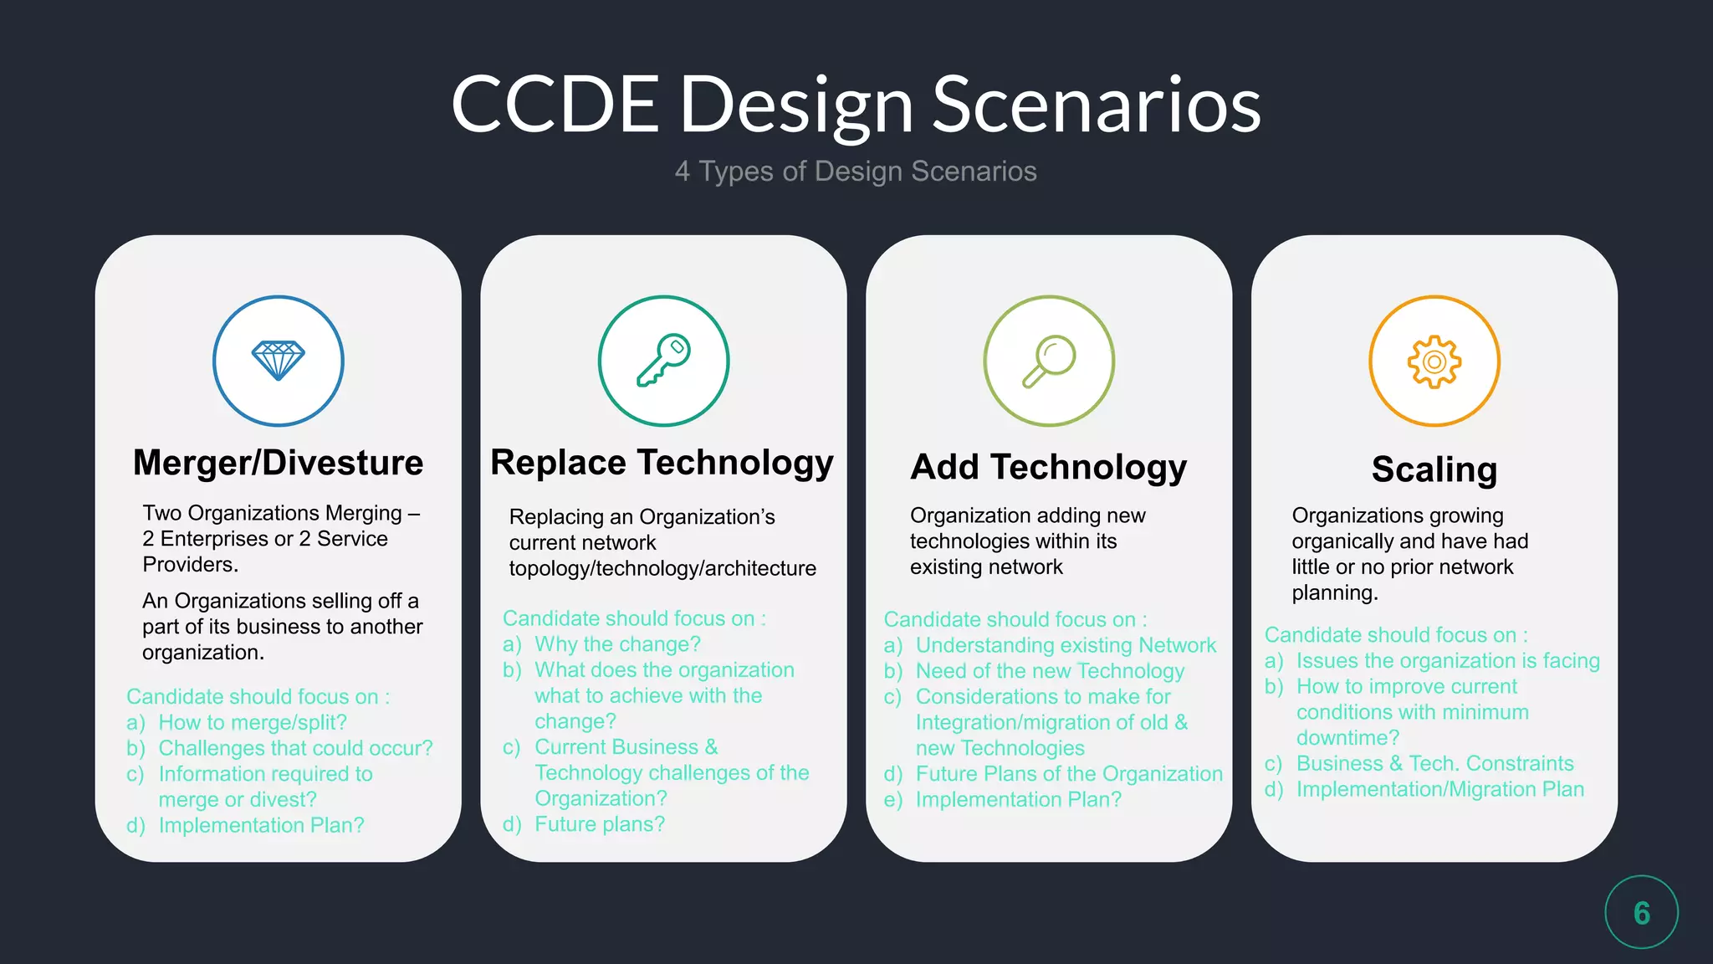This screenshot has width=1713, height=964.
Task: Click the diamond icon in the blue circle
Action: coord(278,361)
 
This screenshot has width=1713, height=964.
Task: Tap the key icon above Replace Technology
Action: coord(663,361)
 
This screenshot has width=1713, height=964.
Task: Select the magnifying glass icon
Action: coord(1048,361)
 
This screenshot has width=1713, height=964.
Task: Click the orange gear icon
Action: coord(1434,361)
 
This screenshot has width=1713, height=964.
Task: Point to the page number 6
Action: coord(1641,912)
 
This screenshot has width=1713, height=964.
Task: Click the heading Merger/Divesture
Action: coord(278,463)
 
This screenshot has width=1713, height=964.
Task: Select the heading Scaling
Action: coord(1434,469)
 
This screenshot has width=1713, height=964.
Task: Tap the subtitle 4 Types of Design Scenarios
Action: coord(856,172)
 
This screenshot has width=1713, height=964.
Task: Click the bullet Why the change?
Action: coord(617,644)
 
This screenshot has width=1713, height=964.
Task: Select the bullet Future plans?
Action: coord(600,824)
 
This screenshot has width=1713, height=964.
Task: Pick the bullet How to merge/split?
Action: coord(252,722)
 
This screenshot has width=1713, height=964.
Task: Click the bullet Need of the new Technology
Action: coord(1050,671)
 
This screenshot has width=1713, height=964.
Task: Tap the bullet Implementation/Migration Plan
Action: coord(1439,789)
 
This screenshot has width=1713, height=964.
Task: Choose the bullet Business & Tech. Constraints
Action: coord(1434,763)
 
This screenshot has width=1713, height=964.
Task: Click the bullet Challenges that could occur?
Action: coord(295,748)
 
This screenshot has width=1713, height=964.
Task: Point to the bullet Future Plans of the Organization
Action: coord(1069,774)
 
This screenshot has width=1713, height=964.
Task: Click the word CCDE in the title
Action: coord(555,105)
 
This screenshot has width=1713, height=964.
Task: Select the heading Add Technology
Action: coord(1048,467)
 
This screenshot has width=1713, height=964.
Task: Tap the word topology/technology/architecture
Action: coord(662,568)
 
